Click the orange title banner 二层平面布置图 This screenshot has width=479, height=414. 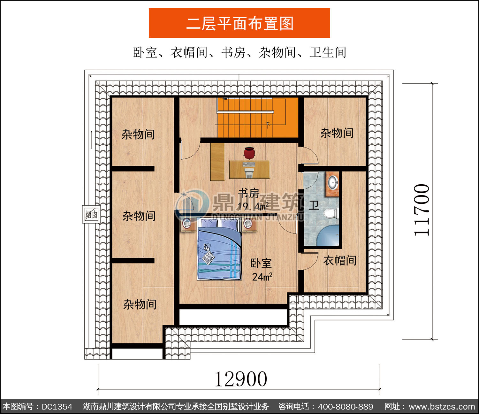point(240,23)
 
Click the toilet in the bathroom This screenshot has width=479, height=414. point(331,213)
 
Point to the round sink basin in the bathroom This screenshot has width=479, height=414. point(333,182)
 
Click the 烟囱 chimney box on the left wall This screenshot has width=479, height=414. point(91,214)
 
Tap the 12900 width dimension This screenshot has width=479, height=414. point(241,379)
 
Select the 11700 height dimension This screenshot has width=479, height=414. point(422,210)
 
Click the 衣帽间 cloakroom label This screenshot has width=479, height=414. point(340,261)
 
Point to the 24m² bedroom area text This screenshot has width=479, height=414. point(262,277)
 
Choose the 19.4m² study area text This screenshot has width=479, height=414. point(253,206)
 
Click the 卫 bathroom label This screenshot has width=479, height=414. point(314,205)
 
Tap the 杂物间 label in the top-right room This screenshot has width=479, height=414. point(337,133)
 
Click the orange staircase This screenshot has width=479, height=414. point(258,118)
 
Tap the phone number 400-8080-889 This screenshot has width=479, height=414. point(345,407)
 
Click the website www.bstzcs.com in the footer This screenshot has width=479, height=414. point(442,407)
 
